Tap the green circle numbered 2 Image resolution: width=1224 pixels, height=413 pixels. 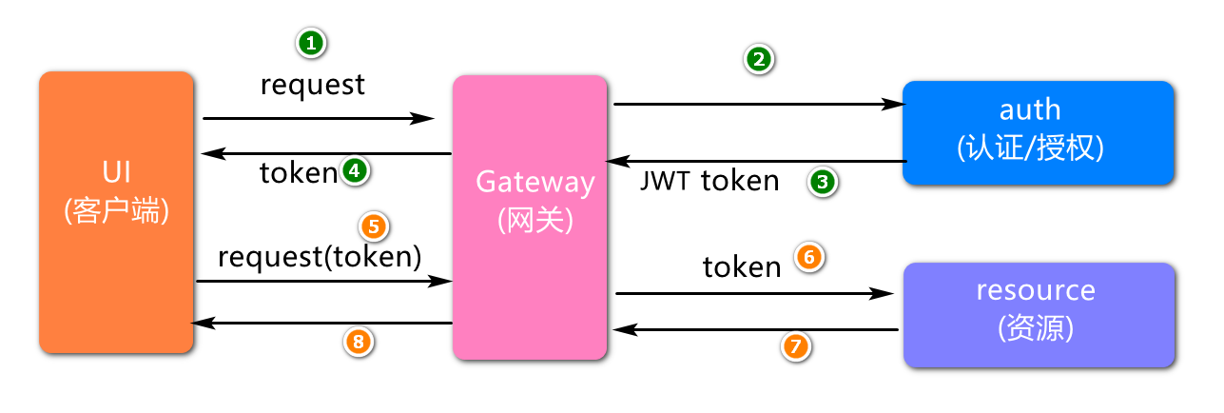(x=758, y=59)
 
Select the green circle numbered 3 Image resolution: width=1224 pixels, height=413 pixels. (x=823, y=182)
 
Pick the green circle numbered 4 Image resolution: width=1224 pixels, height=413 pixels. (x=354, y=171)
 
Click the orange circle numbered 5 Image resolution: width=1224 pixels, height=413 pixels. (x=373, y=226)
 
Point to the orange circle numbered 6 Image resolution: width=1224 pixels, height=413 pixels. (x=808, y=257)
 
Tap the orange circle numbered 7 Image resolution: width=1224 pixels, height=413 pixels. (x=797, y=347)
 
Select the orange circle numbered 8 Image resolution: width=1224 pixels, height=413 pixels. (x=359, y=341)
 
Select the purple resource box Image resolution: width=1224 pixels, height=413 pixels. (x=1039, y=315)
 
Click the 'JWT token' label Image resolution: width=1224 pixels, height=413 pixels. (x=710, y=181)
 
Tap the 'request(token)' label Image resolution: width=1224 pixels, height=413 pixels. (x=320, y=257)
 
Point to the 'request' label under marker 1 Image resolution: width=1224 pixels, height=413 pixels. (x=312, y=86)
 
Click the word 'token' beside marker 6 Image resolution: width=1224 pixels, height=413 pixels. (x=742, y=267)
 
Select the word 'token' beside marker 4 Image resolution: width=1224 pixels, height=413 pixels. (x=298, y=173)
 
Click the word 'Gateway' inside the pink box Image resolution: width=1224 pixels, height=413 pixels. (x=534, y=182)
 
